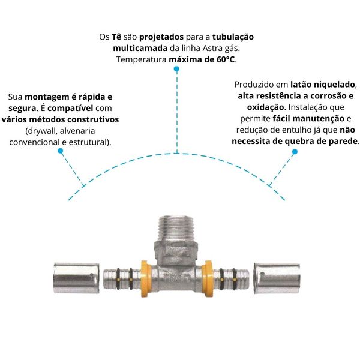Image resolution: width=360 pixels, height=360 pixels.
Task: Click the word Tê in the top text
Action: pyautogui.click(x=116, y=37)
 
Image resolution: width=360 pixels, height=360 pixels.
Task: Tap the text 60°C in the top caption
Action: pyautogui.click(x=226, y=59)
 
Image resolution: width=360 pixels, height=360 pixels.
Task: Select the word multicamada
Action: pyautogui.click(x=140, y=48)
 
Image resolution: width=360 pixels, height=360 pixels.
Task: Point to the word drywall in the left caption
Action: pyautogui.click(x=41, y=131)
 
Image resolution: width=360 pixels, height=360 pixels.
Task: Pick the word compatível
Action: pyautogui.click(x=70, y=108)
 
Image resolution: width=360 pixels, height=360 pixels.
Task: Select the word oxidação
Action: pyautogui.click(x=265, y=107)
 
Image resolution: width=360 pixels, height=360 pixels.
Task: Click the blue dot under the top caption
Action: pyautogui.click(x=176, y=69)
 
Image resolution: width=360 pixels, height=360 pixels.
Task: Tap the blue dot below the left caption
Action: pyautogui.click(x=61, y=151)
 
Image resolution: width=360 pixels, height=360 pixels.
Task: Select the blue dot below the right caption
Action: pyautogui.click(x=295, y=152)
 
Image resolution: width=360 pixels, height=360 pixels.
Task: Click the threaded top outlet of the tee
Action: pyautogui.click(x=175, y=227)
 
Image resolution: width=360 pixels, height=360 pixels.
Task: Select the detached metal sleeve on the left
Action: pyautogui.click(x=76, y=278)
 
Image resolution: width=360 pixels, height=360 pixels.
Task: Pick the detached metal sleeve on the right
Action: pyautogui.click(x=277, y=278)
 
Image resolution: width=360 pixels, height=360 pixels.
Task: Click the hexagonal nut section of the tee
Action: pyautogui.click(x=176, y=252)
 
